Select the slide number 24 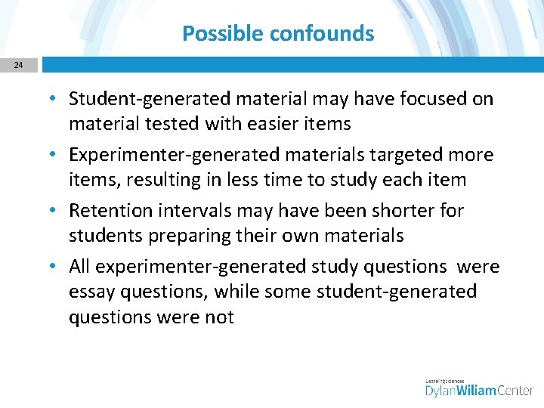pyautogui.click(x=18, y=65)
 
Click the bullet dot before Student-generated pyautogui.click(x=57, y=99)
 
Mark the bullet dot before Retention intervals pyautogui.click(x=57, y=211)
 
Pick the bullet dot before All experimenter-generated pyautogui.click(x=57, y=267)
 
